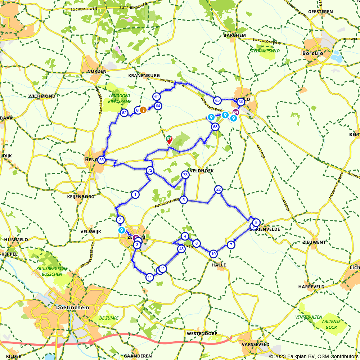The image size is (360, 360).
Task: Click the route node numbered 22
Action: [219, 189]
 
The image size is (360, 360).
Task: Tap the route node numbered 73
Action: [185, 175]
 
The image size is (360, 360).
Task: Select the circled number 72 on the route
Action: [150, 170]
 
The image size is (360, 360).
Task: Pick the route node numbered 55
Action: [102, 160]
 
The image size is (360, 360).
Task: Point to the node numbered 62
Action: [124, 113]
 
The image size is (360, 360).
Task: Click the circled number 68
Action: [215, 127]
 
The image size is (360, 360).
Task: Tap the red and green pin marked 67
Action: [169, 140]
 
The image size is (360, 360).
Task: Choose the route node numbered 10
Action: [213, 254]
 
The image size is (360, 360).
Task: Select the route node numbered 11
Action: [149, 277]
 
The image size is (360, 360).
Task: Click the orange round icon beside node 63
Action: [143, 110]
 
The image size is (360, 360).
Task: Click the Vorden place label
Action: [97, 71]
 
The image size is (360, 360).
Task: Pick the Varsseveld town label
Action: [256, 345]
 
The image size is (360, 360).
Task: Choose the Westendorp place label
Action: [202, 334]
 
